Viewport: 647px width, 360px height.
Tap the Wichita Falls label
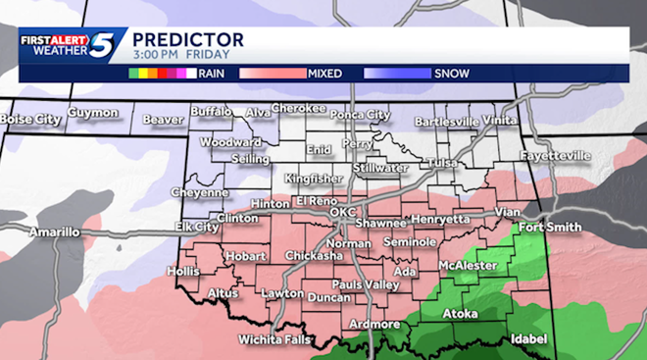point(274,340)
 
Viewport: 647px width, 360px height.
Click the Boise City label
point(31,119)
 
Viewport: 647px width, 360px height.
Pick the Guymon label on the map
point(94,113)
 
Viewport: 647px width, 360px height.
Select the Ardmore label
point(373,324)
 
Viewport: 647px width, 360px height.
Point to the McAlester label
point(468,265)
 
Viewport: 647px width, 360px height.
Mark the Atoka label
point(460,314)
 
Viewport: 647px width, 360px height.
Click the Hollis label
point(182,270)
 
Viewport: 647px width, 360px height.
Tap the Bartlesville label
point(446,121)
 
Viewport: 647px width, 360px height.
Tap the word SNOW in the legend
point(450,73)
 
